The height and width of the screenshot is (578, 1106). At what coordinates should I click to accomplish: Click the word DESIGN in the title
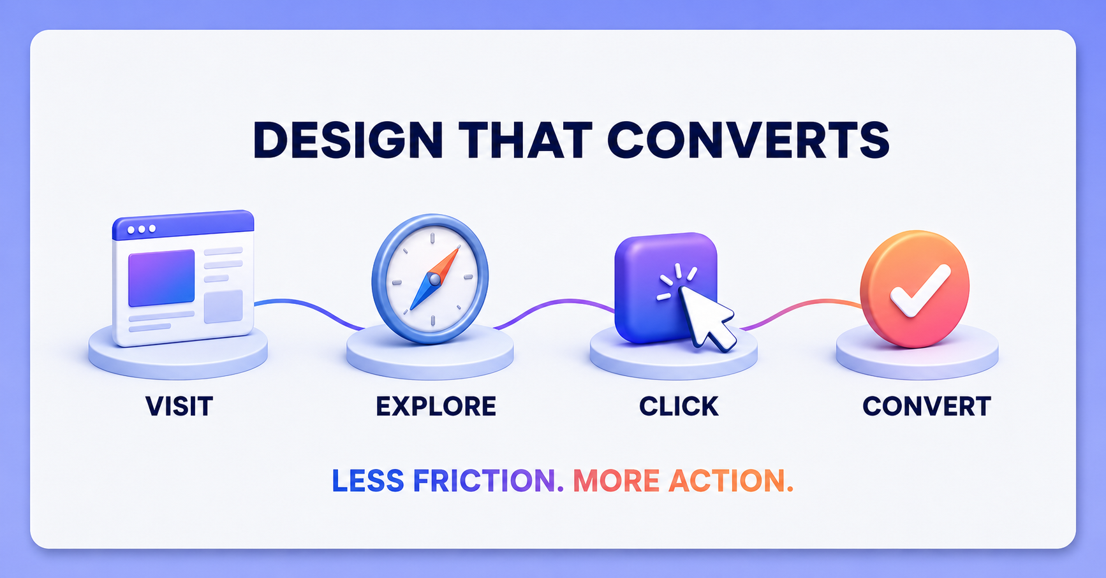tap(348, 140)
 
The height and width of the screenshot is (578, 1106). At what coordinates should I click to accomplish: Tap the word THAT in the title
tap(525, 140)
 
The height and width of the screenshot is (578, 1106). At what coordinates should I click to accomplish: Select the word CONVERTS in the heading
tap(748, 140)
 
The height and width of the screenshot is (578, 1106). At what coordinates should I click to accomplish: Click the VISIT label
tap(179, 407)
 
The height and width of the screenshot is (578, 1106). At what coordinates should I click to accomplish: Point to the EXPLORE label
tap(436, 407)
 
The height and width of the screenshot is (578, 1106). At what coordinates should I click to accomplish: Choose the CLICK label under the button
tap(679, 407)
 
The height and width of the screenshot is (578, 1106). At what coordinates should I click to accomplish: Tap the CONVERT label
tap(927, 407)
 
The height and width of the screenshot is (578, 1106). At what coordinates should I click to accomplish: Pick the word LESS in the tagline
tap(368, 481)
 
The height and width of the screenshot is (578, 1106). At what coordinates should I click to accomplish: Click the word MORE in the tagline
tap(616, 481)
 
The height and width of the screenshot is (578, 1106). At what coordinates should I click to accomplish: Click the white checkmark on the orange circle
tap(920, 290)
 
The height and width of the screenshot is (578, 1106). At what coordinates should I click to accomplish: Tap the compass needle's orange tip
tap(450, 257)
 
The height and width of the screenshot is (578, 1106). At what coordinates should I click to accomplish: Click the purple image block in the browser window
tap(161, 278)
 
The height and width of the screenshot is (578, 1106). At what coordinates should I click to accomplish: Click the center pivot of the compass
tap(434, 279)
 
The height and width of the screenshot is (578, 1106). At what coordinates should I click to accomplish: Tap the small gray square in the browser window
tap(223, 306)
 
